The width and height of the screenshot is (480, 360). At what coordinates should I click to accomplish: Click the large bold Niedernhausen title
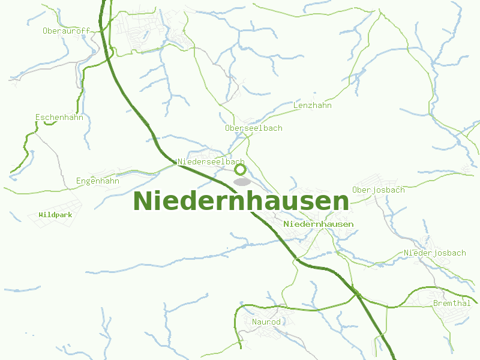click(x=241, y=201)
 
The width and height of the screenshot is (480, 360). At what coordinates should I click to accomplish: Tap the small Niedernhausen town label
click(x=319, y=224)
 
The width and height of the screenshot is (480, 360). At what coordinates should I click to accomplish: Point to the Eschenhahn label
click(x=59, y=117)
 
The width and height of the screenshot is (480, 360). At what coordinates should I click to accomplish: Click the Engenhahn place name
click(x=97, y=181)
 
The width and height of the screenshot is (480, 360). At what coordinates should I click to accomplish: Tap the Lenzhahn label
click(x=312, y=106)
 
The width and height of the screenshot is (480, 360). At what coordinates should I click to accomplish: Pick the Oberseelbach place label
click(x=253, y=128)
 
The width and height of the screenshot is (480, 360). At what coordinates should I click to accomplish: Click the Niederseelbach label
click(x=211, y=162)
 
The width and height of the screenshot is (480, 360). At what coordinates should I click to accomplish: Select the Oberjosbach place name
click(x=378, y=190)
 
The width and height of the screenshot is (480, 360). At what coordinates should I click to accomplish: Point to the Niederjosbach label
click(x=434, y=253)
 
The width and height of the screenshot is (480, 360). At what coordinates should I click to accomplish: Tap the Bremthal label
click(x=451, y=303)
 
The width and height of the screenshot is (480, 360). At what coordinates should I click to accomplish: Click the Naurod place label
click(x=266, y=322)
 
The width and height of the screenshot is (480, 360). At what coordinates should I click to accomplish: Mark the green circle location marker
click(x=241, y=170)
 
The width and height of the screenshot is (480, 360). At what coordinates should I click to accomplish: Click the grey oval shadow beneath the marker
click(x=241, y=181)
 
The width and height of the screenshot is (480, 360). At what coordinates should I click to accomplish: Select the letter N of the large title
click(x=142, y=201)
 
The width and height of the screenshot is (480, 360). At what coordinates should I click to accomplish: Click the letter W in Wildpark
click(x=41, y=214)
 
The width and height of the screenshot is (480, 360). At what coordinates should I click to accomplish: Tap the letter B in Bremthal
click(x=436, y=303)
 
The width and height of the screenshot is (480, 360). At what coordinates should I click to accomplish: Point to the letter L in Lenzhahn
click(x=296, y=106)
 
